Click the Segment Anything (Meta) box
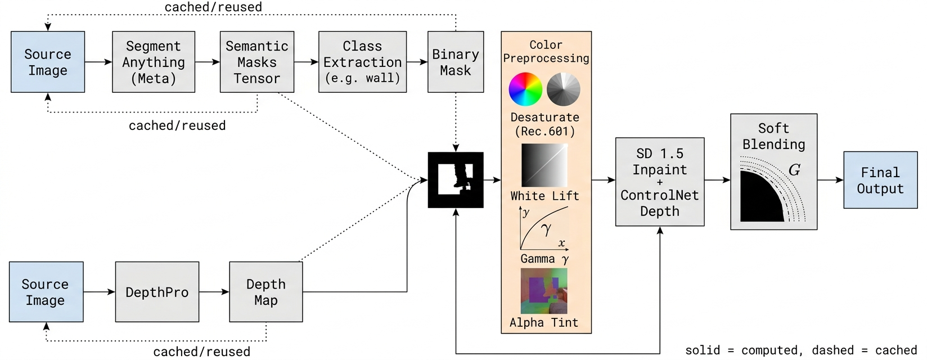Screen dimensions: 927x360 click(154, 62)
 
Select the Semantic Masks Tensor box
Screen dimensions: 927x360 click(257, 62)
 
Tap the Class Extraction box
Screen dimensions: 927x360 click(362, 62)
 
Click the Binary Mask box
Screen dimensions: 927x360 click(456, 62)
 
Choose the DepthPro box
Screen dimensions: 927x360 click(157, 292)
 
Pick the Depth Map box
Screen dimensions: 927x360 click(266, 292)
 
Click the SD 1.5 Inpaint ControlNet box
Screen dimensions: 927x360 click(660, 182)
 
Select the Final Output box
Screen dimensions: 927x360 click(881, 180)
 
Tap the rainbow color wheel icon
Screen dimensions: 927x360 click(525, 89)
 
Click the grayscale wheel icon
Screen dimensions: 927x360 click(563, 89)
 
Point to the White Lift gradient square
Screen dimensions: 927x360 click(544, 165)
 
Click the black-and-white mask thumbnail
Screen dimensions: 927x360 click(456, 180)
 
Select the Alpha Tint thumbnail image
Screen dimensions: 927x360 click(544, 291)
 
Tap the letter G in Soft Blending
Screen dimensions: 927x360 click(794, 170)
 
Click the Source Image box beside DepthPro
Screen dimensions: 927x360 click(46, 292)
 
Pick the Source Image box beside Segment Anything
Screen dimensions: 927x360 click(48, 62)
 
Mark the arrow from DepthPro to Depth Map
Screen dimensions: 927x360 click(214, 292)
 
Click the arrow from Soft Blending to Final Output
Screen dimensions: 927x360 click(831, 180)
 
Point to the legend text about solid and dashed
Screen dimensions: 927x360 click(801, 350)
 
